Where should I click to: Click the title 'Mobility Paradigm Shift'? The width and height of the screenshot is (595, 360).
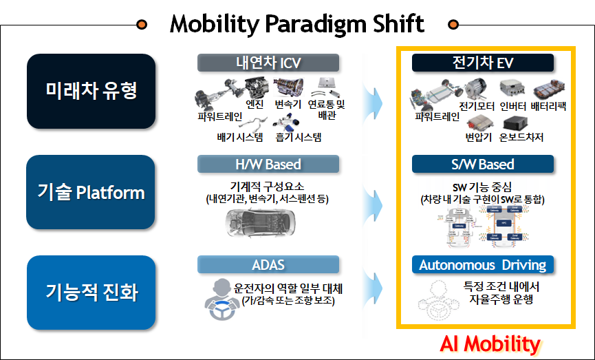click(296, 24)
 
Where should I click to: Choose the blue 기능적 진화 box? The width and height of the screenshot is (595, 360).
click(91, 292)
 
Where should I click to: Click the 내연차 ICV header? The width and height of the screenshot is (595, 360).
click(268, 63)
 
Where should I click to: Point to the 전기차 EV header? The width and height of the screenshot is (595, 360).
click(483, 63)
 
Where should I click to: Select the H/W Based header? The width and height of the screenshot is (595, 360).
click(268, 165)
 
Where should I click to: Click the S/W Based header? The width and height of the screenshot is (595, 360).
click(483, 165)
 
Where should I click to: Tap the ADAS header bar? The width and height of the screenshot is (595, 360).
click(268, 265)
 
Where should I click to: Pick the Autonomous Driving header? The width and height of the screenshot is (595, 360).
click(483, 265)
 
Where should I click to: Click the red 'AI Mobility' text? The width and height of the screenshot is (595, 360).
click(490, 343)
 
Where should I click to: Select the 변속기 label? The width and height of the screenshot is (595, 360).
click(288, 105)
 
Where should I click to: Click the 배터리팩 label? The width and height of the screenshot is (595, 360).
click(548, 107)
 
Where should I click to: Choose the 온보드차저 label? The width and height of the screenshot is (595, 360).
click(521, 137)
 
